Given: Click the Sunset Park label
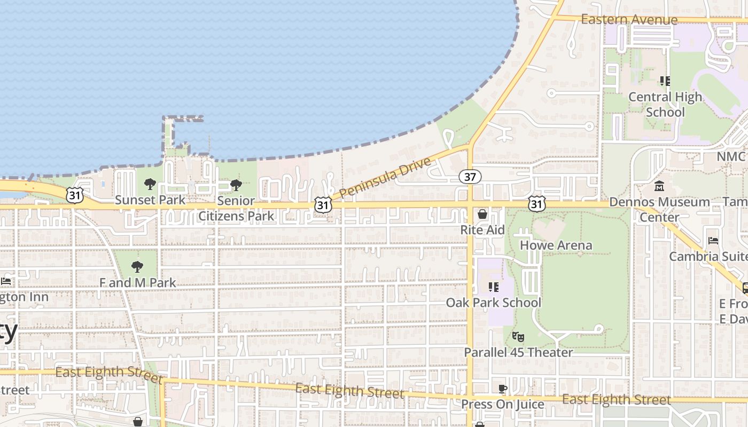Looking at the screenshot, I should click(150, 200).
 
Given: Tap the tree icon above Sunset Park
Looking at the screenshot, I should click(150, 185).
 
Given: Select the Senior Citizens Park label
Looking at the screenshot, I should click(236, 209).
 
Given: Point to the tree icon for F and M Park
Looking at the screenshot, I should click(137, 267).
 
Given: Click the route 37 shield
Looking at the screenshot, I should click(470, 177).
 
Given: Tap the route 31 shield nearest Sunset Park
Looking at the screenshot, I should click(75, 195).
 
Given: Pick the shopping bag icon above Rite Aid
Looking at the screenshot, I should click(482, 214).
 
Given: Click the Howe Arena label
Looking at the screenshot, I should click(556, 246).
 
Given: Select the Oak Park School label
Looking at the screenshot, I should click(493, 303).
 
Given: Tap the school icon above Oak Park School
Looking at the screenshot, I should click(493, 287).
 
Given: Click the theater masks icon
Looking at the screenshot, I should click(518, 337).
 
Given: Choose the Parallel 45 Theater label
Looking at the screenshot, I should click(518, 352).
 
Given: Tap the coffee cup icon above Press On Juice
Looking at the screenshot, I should click(502, 389).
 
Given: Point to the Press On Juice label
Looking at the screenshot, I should click(502, 404).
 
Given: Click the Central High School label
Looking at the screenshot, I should click(665, 105).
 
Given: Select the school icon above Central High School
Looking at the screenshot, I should click(665, 81).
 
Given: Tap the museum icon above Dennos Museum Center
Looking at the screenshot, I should click(659, 186).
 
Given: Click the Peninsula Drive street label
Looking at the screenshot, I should click(385, 177).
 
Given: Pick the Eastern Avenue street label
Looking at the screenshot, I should click(629, 20).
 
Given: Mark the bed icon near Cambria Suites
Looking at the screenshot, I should click(713, 241).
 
